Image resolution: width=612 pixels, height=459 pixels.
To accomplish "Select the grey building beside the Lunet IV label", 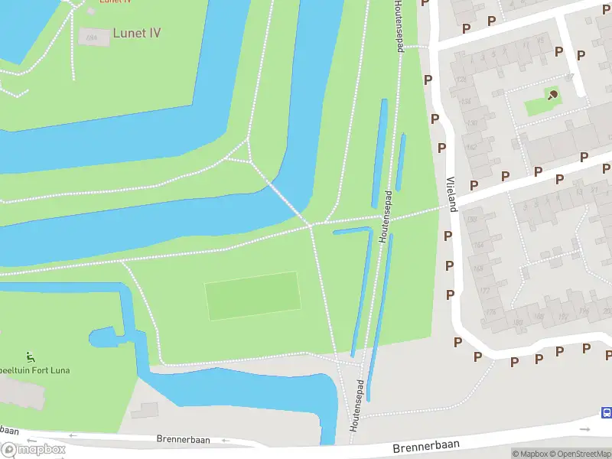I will tap(93, 36).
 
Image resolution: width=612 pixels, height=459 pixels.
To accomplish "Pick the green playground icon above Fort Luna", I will tap(30, 356).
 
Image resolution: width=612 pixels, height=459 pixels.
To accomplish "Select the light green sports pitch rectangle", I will tap(252, 296).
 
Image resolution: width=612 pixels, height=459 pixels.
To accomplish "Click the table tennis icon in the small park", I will tap(552, 95).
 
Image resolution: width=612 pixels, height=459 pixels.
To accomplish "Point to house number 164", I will tap(479, 246).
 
